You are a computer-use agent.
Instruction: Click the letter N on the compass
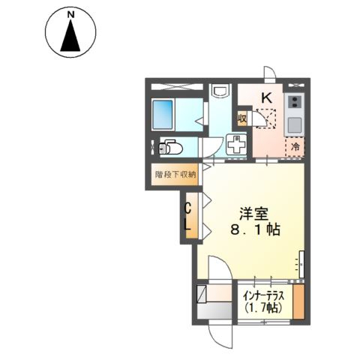[x=71, y=15]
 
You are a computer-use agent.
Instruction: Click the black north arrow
[x=70, y=35]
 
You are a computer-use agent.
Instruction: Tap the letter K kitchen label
[x=267, y=97]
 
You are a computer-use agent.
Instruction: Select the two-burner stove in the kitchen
[x=295, y=102]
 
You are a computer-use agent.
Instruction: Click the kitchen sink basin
[x=295, y=125]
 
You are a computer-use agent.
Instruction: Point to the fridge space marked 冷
[x=295, y=147]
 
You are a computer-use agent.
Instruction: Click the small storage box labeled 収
[x=242, y=118]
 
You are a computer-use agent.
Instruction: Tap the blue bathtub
[x=163, y=115]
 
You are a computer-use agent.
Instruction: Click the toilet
[x=170, y=148]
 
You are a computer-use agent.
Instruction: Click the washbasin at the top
[x=220, y=90]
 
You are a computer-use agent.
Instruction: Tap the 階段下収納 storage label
[x=175, y=174]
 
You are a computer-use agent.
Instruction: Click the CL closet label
[x=188, y=217]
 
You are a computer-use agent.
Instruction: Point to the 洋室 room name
[x=254, y=214]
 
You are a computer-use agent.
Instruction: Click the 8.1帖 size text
[x=256, y=229]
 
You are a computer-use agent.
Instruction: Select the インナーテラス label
[x=264, y=296]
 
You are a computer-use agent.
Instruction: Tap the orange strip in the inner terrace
[x=298, y=301]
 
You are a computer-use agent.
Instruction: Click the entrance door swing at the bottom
[x=220, y=336]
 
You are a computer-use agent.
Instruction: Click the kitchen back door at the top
[x=270, y=73]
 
